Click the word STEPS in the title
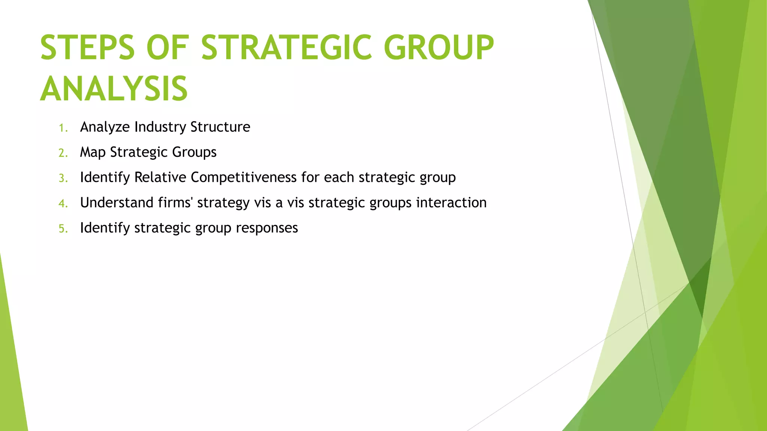pyautogui.click(x=87, y=48)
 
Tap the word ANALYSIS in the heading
pyautogui.click(x=114, y=89)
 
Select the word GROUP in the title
pyautogui.click(x=439, y=48)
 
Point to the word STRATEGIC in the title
pyautogui.click(x=287, y=48)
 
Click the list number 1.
pyautogui.click(x=63, y=128)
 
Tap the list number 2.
pyautogui.click(x=63, y=153)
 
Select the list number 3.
pyautogui.click(x=63, y=178)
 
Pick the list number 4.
pyautogui.click(x=63, y=204)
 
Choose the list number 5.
pyautogui.click(x=63, y=229)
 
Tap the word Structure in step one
pyautogui.click(x=220, y=127)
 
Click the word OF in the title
pyautogui.click(x=167, y=48)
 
